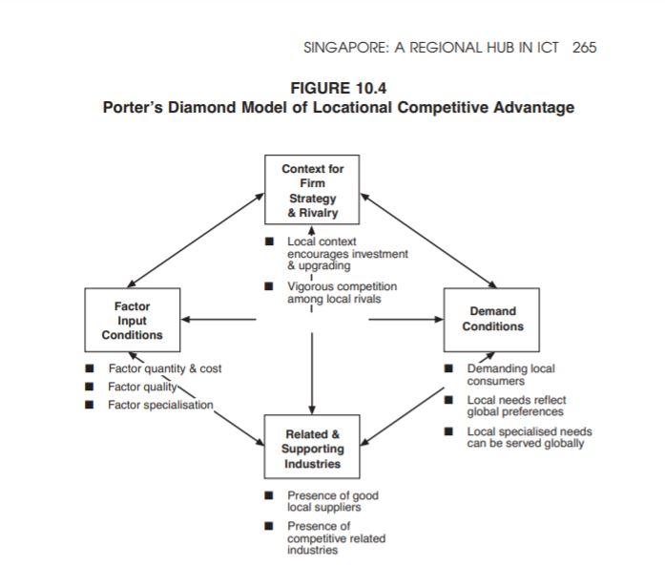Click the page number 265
pyautogui.click(x=584, y=48)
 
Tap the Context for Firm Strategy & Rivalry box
pyautogui.click(x=312, y=190)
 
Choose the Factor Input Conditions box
pyautogui.click(x=133, y=321)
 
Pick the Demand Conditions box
pyautogui.click(x=492, y=319)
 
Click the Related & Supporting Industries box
pyautogui.click(x=312, y=449)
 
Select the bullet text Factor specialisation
pyautogui.click(x=159, y=405)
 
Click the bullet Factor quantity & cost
pyautogui.click(x=164, y=368)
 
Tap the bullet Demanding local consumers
pyautogui.click(x=509, y=374)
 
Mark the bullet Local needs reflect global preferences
pyautogui.click(x=515, y=405)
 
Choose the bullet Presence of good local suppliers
pyautogui.click(x=333, y=501)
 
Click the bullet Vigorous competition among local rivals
pyautogui.click(x=342, y=293)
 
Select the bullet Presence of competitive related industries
pyautogui.click(x=336, y=538)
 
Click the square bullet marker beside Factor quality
pyautogui.click(x=90, y=387)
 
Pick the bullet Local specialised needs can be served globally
pyautogui.click(x=529, y=437)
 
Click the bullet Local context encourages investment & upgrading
pyautogui.click(x=346, y=254)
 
